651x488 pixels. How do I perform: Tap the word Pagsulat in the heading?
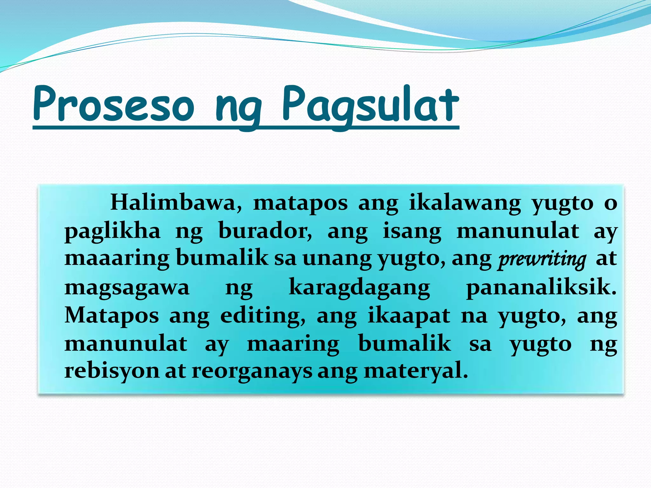click(x=370, y=105)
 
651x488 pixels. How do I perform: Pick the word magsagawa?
click(x=127, y=288)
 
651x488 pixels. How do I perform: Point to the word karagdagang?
click(x=359, y=288)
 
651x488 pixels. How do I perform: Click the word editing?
click(x=263, y=316)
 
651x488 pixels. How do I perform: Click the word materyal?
click(x=416, y=371)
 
